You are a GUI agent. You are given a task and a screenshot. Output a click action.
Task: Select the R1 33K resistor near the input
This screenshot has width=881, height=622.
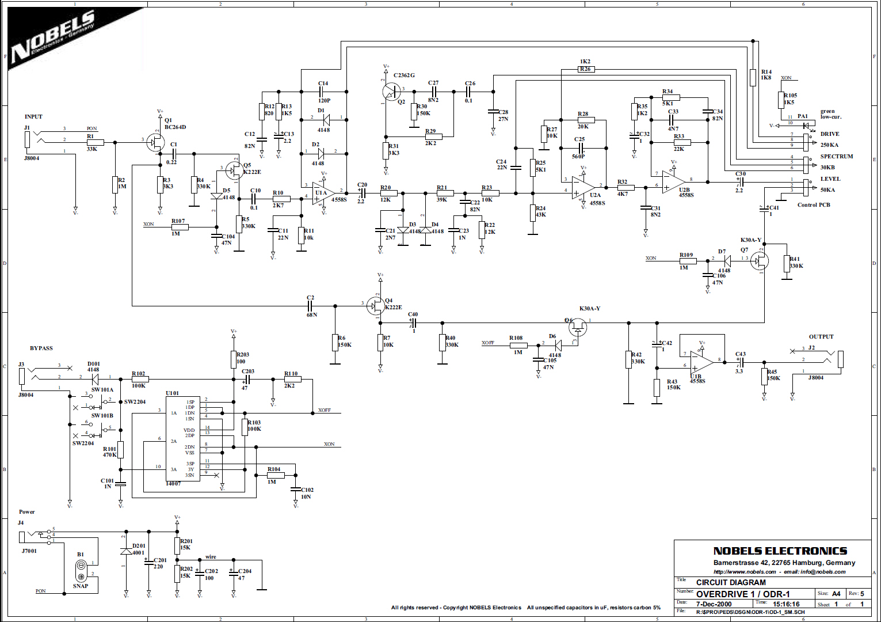pyautogui.click(x=95, y=142)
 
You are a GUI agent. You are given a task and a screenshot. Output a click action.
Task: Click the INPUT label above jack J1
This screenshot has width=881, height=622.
pyautogui.click(x=33, y=117)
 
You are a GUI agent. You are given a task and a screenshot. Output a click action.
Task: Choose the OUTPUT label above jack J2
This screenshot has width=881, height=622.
pyautogui.click(x=821, y=337)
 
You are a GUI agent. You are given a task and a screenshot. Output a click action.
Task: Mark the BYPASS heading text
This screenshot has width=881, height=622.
pyautogui.click(x=41, y=348)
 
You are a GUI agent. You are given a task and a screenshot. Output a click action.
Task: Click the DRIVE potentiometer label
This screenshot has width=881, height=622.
pyautogui.click(x=830, y=134)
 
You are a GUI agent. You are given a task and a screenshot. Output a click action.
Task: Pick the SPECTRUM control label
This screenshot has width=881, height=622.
pyautogui.click(x=837, y=157)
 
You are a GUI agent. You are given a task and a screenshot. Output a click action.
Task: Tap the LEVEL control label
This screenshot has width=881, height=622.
pyautogui.click(x=830, y=179)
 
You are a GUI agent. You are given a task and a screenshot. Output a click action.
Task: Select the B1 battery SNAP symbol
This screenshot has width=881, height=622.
pyautogui.click(x=81, y=571)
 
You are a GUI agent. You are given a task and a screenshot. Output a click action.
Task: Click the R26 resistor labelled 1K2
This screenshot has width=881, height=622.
pyautogui.click(x=586, y=69)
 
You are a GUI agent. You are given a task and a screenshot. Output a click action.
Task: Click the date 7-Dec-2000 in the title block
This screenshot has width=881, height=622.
pyautogui.click(x=714, y=604)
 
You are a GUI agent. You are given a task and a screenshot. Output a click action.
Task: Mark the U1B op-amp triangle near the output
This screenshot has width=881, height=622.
pyautogui.click(x=701, y=362)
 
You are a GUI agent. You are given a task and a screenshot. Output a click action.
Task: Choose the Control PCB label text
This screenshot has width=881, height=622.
pyautogui.click(x=814, y=205)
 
